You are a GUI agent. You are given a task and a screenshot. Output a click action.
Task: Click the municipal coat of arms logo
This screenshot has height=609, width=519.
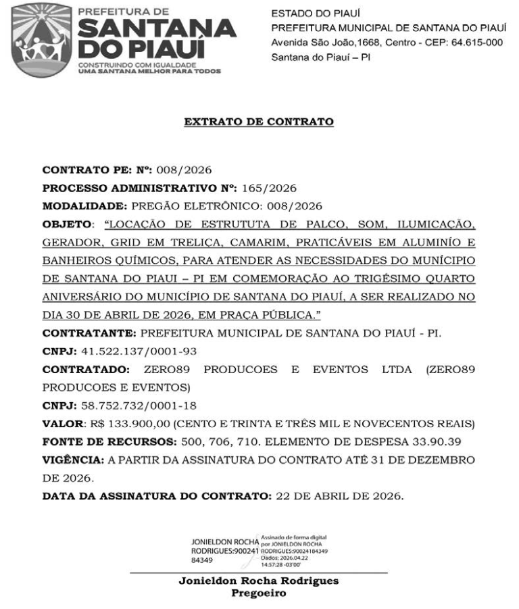pos(41,39)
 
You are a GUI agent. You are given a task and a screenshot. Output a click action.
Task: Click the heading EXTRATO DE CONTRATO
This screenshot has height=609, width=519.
pos(259,122)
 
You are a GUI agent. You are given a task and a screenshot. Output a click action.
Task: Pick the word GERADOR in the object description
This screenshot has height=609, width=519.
pos(68,241)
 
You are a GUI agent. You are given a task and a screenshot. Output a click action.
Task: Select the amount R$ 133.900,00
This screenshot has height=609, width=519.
pos(130,424)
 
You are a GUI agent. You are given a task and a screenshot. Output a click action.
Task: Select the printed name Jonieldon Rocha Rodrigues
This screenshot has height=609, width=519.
pos(259,581)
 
